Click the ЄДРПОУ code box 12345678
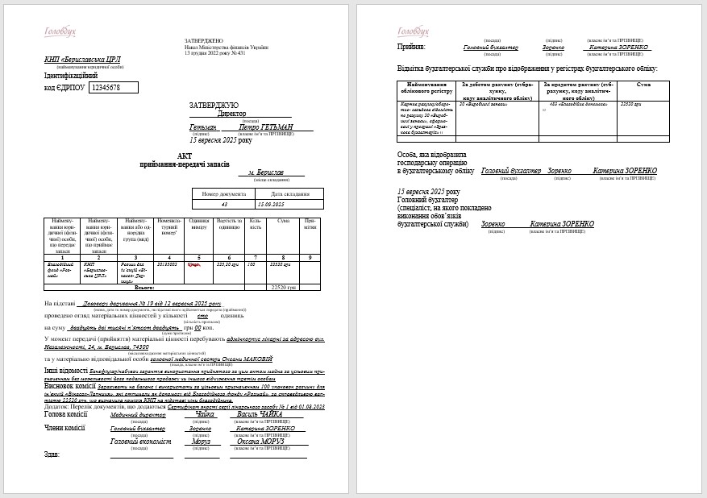(113, 87)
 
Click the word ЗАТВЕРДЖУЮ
(214, 106)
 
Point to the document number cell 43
(224, 205)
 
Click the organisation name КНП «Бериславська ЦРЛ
(79, 60)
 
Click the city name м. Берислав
(265, 172)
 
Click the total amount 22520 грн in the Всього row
(283, 287)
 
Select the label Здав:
(52, 454)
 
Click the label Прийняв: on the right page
(413, 48)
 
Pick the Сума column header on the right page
(643, 85)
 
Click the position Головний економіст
(141, 442)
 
